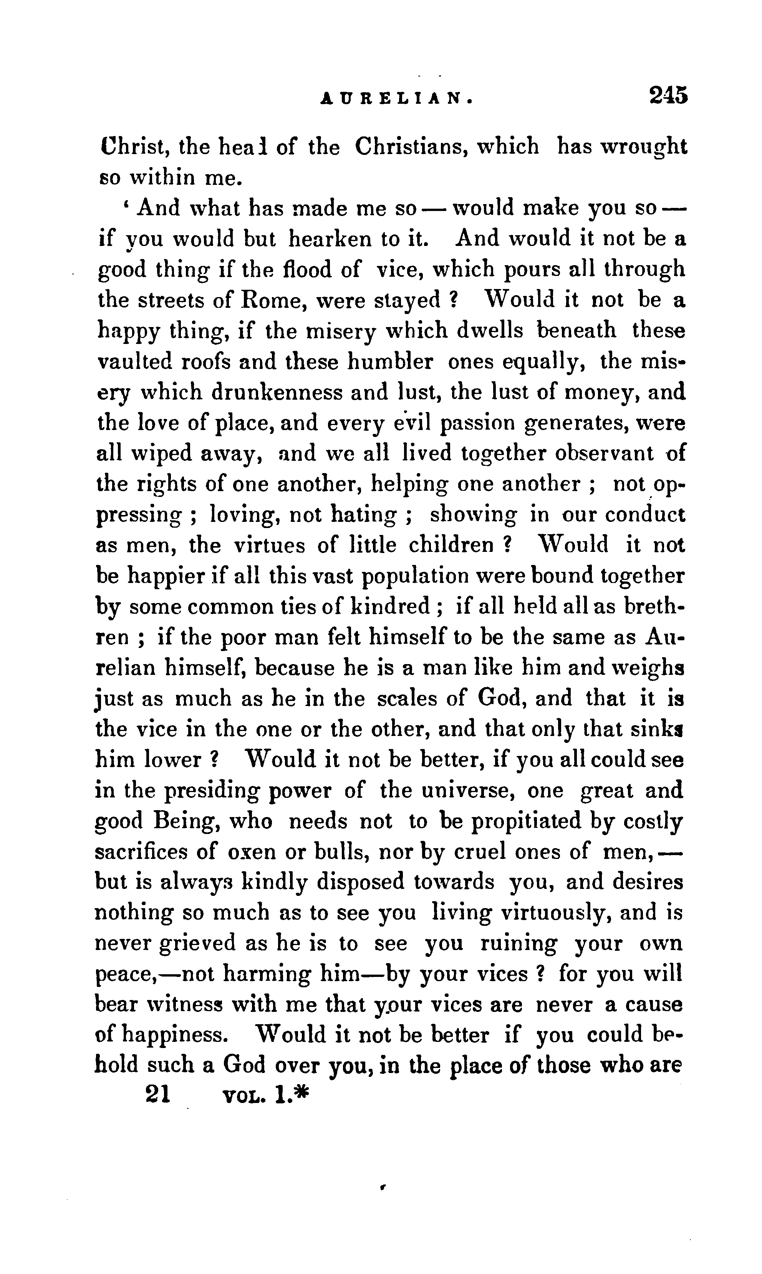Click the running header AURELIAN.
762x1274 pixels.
coord(396,98)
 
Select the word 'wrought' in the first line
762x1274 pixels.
coord(644,147)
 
